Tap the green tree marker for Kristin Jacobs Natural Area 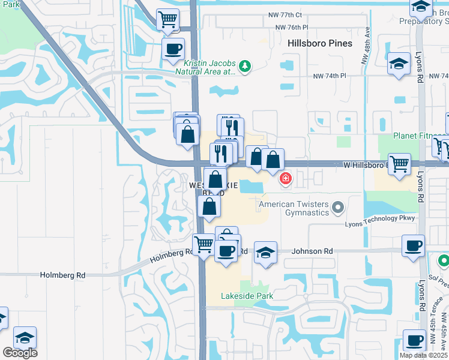click(244, 65)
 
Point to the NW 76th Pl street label click(291, 28)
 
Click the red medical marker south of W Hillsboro click(285, 178)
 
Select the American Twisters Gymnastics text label click(294, 208)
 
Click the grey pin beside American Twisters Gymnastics click(338, 208)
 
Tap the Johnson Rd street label click(312, 251)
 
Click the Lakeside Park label click(247, 296)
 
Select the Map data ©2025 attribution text click(423, 355)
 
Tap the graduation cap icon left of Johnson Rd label click(265, 252)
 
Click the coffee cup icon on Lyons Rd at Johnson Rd click(413, 246)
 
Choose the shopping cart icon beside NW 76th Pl click(167, 19)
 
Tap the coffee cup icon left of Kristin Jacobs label click(173, 49)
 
